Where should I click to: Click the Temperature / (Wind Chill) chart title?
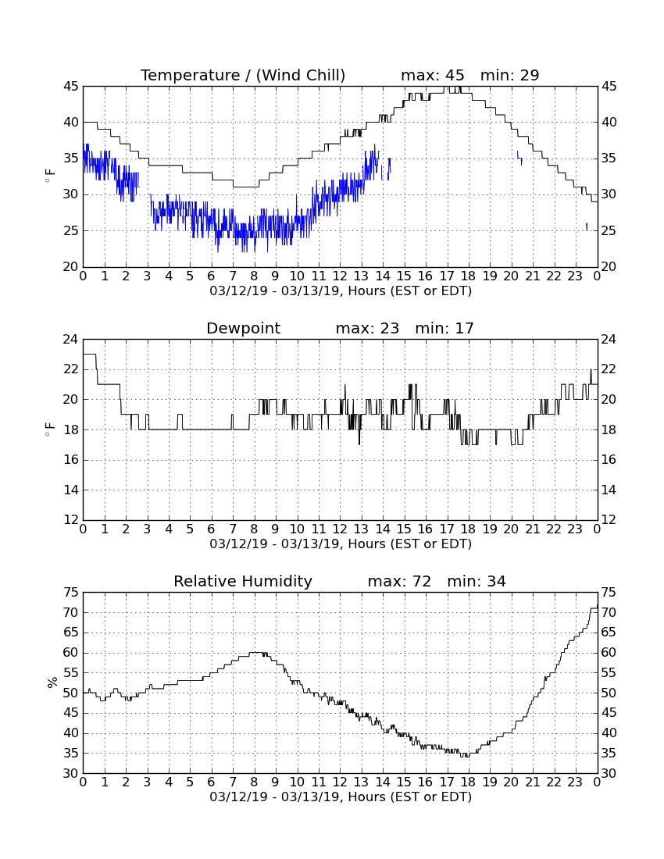pyautogui.click(x=243, y=75)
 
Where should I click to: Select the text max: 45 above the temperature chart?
pyautogui.click(x=432, y=75)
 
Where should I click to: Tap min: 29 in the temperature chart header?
pyautogui.click(x=509, y=75)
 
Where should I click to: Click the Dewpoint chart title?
pyautogui.click(x=243, y=329)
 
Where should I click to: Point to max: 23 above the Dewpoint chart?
pyautogui.click(x=367, y=328)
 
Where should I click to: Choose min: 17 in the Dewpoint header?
pyautogui.click(x=444, y=328)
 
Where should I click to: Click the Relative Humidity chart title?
pyautogui.click(x=243, y=581)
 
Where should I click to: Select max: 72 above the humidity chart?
pyautogui.click(x=399, y=581)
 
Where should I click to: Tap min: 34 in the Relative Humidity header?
pyautogui.click(x=477, y=581)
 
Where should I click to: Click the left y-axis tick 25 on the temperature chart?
pyautogui.click(x=71, y=230)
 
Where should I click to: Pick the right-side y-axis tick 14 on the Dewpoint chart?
pyautogui.click(x=609, y=490)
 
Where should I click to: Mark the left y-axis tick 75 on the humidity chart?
pyautogui.click(x=71, y=592)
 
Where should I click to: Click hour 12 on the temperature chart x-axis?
pyautogui.click(x=341, y=276)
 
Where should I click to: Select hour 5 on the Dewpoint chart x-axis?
pyautogui.click(x=190, y=529)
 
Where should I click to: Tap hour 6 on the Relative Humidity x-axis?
pyautogui.click(x=212, y=782)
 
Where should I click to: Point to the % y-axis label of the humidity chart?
pyautogui.click(x=52, y=683)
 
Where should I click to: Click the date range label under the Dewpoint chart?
pyautogui.click(x=341, y=544)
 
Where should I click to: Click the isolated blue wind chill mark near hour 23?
pyautogui.click(x=587, y=226)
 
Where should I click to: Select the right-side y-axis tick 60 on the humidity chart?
pyautogui.click(x=609, y=653)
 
